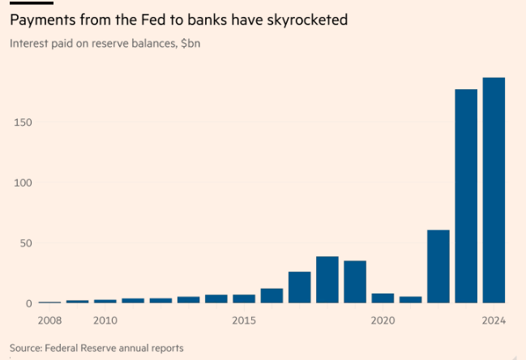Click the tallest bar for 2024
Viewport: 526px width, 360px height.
(494, 191)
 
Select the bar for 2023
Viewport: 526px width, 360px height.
(466, 196)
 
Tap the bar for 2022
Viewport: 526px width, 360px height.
(438, 267)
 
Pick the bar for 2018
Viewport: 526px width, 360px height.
(327, 280)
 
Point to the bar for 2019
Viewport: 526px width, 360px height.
(355, 282)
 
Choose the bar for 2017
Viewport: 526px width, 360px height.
(300, 287)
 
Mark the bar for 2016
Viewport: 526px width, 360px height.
(272, 296)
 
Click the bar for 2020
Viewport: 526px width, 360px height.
(383, 298)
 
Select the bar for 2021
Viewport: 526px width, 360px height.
(411, 299)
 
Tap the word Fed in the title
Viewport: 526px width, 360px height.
(153, 19)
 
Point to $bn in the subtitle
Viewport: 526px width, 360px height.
(190, 43)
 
